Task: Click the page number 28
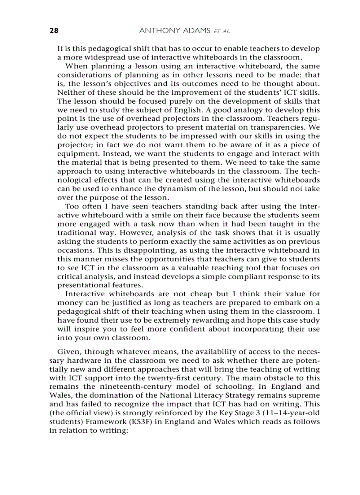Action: tap(53, 30)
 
